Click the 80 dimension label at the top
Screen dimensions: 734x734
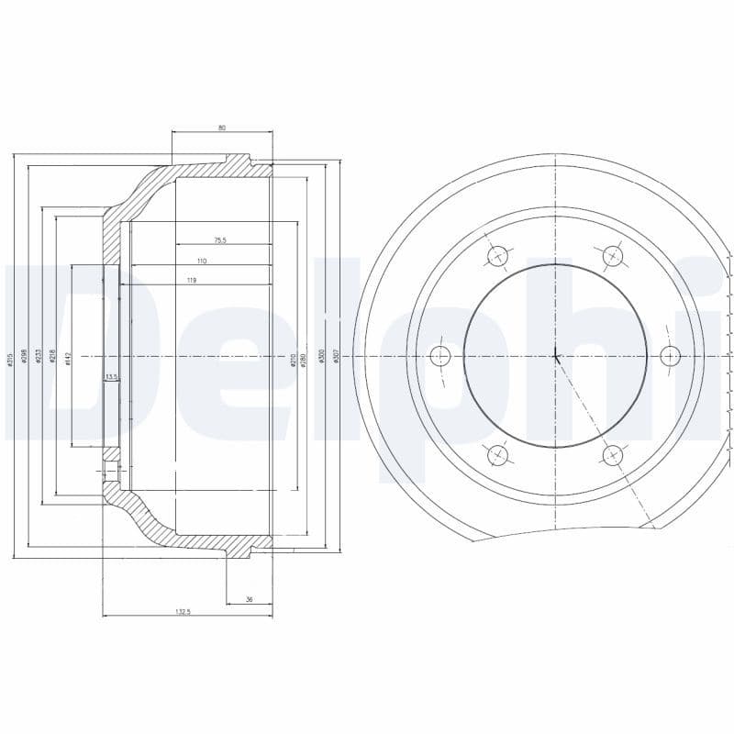[x=222, y=128]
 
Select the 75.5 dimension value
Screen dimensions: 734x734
[x=220, y=240]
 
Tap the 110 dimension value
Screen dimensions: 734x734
[x=202, y=261]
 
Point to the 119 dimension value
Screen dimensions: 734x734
[x=192, y=280]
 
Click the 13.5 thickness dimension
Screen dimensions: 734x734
[x=111, y=376]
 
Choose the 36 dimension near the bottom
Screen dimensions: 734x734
[x=249, y=599]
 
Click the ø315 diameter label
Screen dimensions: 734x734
[x=10, y=360]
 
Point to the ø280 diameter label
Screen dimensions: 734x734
[x=304, y=360]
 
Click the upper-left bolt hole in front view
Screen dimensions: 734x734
[x=498, y=256]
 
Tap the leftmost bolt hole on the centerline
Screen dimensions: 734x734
[x=440, y=355]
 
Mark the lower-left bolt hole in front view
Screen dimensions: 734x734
[x=498, y=454]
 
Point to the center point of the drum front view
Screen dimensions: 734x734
[x=556, y=355]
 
